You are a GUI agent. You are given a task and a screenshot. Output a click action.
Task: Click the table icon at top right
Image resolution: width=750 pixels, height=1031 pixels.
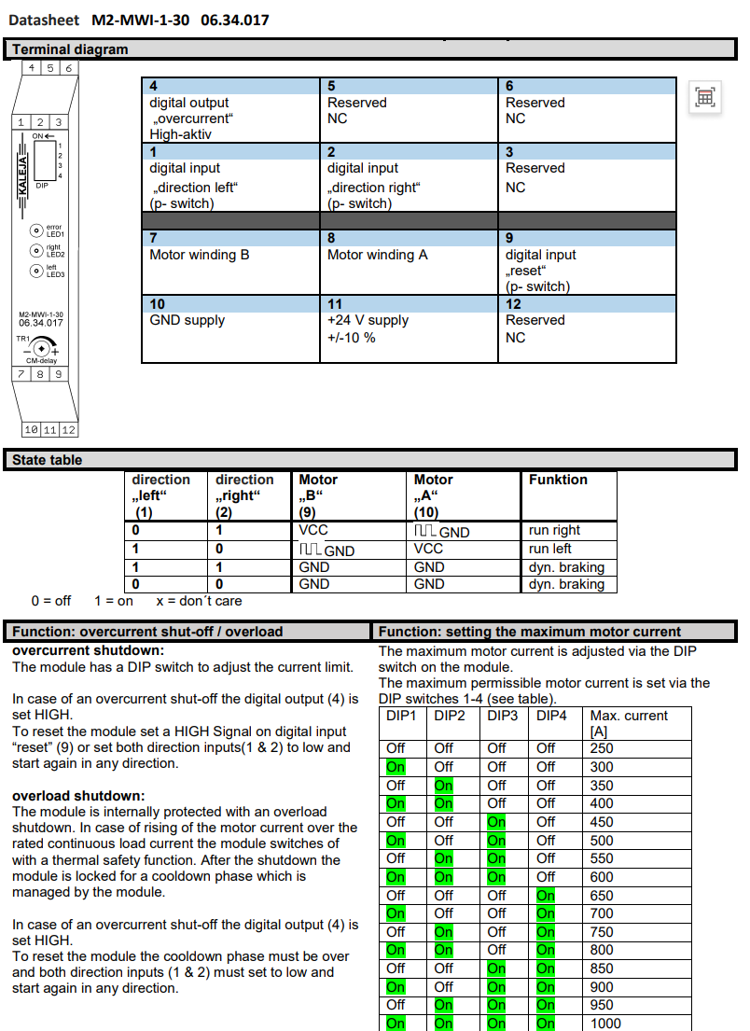point(705,97)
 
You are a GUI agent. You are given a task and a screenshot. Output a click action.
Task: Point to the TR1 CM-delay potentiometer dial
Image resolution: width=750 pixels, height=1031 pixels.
point(42,348)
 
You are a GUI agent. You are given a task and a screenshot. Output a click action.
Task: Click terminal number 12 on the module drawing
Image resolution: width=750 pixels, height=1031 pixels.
point(68,429)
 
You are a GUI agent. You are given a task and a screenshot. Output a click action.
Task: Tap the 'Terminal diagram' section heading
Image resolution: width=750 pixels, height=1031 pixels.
point(70,49)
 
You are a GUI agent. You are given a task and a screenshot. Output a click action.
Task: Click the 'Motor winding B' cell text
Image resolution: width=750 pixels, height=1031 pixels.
point(200,255)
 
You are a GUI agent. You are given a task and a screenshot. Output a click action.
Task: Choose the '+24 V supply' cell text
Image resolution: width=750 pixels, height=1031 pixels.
point(368,320)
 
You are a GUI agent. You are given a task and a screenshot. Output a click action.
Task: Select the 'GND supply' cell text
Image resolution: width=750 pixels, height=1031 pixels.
point(187,320)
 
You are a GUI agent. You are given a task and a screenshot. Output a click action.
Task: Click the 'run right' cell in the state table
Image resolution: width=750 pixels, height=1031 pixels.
point(554,531)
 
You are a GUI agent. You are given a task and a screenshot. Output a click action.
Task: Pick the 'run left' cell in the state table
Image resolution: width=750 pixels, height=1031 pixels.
point(550,549)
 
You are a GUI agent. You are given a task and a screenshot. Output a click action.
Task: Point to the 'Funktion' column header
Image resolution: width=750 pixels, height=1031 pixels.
point(558,480)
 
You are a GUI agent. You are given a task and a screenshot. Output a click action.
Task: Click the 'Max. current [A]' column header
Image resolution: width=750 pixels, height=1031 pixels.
point(629,723)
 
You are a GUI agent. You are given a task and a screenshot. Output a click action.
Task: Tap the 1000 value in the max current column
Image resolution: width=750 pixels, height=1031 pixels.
point(605,1023)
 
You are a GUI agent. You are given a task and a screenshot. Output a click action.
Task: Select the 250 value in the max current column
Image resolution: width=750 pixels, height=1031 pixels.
point(602,748)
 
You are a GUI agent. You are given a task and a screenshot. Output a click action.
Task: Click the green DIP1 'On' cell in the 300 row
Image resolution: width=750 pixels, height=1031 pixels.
point(396,767)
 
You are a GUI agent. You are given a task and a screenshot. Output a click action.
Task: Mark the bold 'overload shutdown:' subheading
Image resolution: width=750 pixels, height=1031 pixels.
point(78,796)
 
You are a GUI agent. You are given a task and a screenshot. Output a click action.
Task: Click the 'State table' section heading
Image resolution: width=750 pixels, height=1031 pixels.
point(47,460)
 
